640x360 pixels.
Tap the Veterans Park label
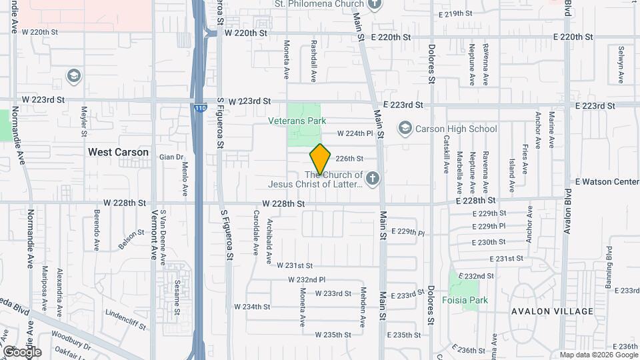point(297,121)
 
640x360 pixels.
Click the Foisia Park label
point(465,300)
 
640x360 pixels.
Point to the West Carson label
point(119,152)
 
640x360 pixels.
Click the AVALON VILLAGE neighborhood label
point(553,311)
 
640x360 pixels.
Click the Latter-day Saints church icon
point(372,178)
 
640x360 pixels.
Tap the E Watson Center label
point(607,181)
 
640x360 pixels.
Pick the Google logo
point(21,351)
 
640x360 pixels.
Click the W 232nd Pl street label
point(301,279)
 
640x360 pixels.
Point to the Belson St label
point(131,239)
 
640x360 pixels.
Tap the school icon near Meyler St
point(73,75)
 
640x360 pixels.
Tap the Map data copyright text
point(598,355)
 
